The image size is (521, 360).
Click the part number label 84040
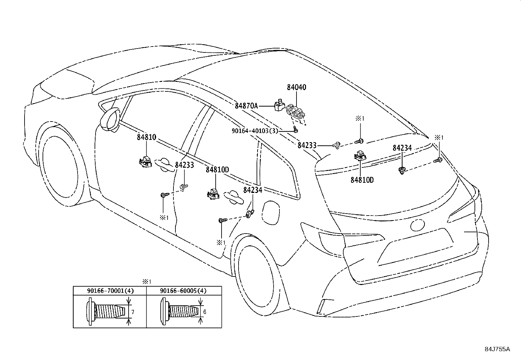pyautogui.click(x=296, y=87)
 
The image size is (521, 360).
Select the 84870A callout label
pyautogui.click(x=246, y=106)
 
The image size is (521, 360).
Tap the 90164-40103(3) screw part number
pyautogui.click(x=255, y=131)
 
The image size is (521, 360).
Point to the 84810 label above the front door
pyautogui.click(x=147, y=137)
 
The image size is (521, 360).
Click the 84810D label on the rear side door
pyautogui.click(x=217, y=170)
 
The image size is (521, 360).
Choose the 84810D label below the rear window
pyautogui.click(x=362, y=180)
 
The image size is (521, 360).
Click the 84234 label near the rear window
pyautogui.click(x=402, y=148)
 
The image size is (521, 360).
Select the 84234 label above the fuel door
pyautogui.click(x=253, y=190)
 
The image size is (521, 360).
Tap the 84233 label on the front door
pyautogui.click(x=185, y=165)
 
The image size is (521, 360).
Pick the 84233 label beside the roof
pyautogui.click(x=307, y=145)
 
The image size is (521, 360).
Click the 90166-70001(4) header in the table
pyautogui.click(x=111, y=291)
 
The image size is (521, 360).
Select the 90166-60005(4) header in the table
pyautogui.click(x=183, y=291)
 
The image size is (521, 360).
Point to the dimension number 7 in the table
pyautogui.click(x=133, y=312)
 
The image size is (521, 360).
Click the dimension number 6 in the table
pyautogui.click(x=205, y=312)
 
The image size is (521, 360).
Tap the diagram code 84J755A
pyautogui.click(x=497, y=349)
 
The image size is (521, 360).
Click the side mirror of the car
pyautogui.click(x=110, y=120)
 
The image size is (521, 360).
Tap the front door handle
pyautogui.click(x=164, y=165)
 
